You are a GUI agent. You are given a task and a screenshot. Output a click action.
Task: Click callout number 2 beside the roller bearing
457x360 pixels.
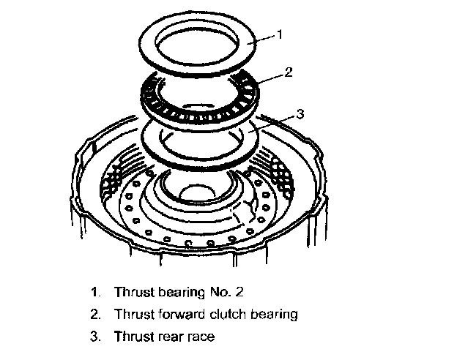coord(289,72)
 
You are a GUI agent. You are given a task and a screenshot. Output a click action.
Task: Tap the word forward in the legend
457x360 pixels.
coord(174,314)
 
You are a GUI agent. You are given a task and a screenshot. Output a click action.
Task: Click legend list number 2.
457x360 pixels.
coord(94,314)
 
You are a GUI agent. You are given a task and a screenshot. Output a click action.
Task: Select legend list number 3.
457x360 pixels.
coord(94,337)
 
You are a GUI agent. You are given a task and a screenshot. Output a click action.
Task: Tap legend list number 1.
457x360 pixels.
coord(94,291)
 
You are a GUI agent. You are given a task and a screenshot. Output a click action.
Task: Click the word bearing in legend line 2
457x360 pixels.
coord(272,315)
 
